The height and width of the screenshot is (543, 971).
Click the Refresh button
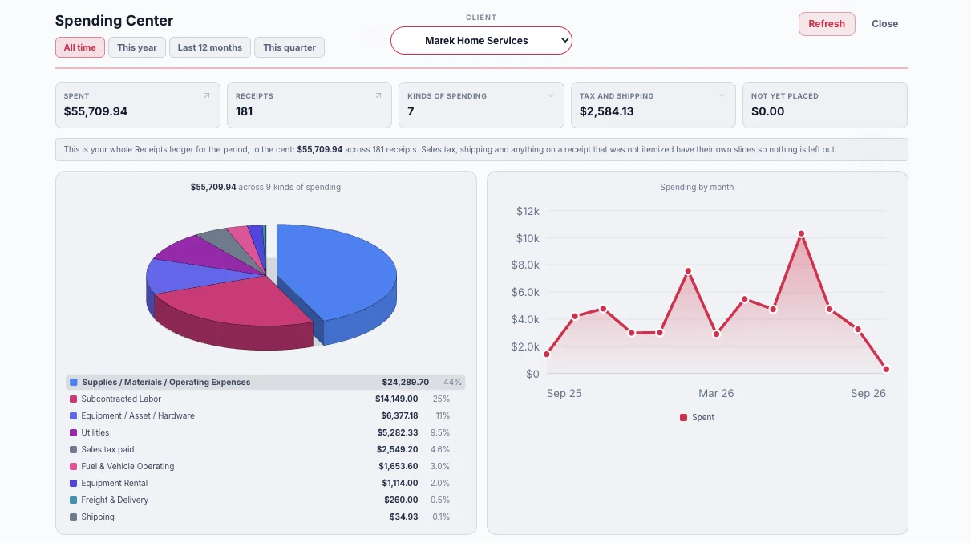pos(827,24)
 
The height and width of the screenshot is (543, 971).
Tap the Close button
pos(884,24)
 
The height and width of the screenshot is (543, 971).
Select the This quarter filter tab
pos(289,47)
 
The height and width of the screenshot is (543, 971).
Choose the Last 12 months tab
pos(210,47)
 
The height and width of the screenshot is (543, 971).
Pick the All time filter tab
pos(79,47)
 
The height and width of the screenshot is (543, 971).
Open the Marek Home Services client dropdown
pos(481,40)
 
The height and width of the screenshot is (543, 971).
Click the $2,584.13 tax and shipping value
pos(606,111)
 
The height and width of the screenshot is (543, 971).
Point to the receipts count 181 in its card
pos(244,111)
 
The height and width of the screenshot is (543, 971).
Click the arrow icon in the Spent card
pos(207,95)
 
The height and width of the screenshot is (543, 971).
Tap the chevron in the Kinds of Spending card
pos(551,95)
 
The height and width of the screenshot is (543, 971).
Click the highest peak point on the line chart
pos(801,233)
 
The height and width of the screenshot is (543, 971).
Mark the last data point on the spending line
pos(886,369)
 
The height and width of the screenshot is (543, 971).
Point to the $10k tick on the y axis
pos(528,238)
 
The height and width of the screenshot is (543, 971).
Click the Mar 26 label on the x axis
pos(716,393)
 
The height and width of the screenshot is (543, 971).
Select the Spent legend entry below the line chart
pos(697,417)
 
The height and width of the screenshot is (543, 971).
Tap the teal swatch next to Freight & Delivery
pos(73,500)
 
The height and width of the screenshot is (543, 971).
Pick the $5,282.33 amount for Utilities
pos(397,432)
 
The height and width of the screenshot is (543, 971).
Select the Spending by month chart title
pos(697,187)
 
